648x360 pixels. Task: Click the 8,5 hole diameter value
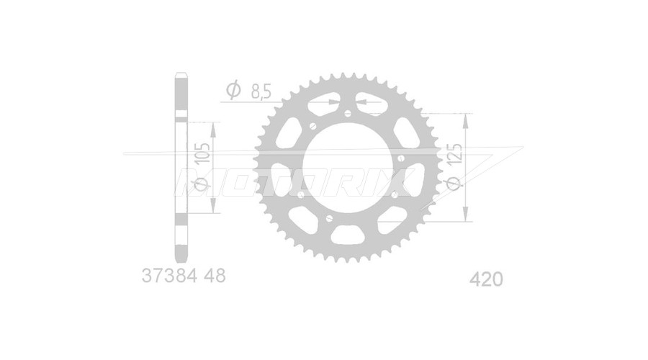tap(261, 91)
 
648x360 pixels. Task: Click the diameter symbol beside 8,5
tap(233, 90)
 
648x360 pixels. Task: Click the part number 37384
tap(169, 276)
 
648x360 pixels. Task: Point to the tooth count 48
tap(215, 276)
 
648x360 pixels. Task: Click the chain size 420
tap(487, 279)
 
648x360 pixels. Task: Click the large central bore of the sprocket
tap(348, 167)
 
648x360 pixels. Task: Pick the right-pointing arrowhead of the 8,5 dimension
tap(333, 102)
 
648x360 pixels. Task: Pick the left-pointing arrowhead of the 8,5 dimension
tap(363, 102)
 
